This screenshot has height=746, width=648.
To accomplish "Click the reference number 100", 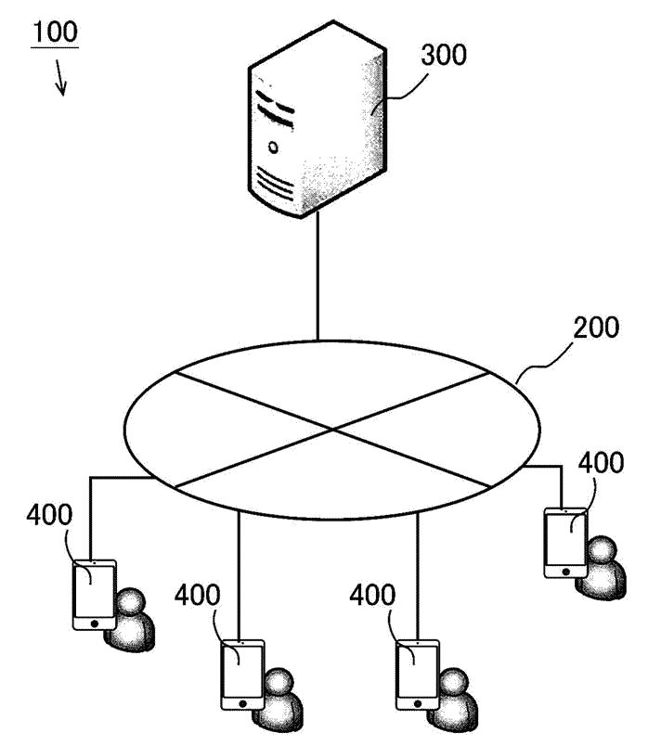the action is pos(55,32).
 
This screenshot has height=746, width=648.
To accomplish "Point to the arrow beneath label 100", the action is pos(60,77).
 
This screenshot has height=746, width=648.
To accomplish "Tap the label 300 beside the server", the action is pos(444,55).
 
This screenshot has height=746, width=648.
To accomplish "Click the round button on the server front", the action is pos(273,148).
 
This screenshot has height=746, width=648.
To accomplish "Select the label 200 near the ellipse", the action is pos(596,328).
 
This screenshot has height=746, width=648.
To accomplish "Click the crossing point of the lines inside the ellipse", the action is pos(332,430).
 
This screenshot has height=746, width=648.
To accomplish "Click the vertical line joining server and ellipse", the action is pos(318,277).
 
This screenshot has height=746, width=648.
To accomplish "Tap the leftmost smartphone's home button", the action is pos(95,624).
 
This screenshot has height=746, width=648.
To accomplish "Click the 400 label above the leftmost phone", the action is pos(49,515).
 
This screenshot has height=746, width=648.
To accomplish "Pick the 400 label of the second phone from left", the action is pos(197,595).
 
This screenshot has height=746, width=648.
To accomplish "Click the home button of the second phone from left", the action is pos(243,703).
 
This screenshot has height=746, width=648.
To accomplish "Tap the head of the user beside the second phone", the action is pos(279,682).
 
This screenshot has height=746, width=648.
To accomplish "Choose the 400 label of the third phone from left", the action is pos(372,595).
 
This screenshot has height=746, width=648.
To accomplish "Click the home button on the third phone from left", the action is pos(418,703).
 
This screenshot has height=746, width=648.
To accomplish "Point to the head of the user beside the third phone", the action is pos(454,682).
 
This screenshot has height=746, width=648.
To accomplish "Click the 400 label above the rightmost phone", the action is pos(601,462).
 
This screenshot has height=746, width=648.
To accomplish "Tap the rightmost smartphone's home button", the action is pos(565,572).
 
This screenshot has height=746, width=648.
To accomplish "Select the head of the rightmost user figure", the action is pos(603,549).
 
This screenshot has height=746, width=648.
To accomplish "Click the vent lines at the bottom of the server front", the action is pos(274,183).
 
